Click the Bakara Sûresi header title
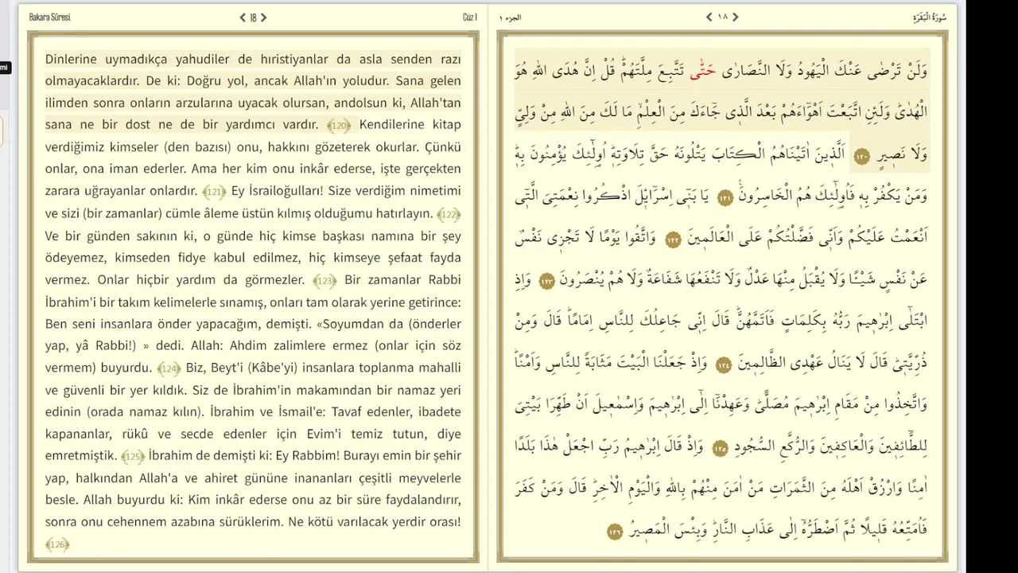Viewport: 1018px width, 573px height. click(x=49, y=17)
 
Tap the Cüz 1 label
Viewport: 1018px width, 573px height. click(x=469, y=17)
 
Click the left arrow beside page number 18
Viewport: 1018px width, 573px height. click(x=243, y=17)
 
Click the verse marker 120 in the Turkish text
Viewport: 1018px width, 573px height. click(x=339, y=125)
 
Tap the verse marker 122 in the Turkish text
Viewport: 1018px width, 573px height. click(x=449, y=214)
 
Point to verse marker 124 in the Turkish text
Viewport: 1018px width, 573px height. click(x=169, y=368)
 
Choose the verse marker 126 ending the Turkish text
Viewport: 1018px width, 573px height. click(x=57, y=544)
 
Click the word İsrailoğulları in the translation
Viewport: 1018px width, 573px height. click(x=277, y=191)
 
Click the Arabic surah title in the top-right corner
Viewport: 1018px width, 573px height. click(x=929, y=17)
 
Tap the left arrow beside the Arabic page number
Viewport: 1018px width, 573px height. click(x=709, y=17)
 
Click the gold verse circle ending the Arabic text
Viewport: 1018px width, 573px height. click(x=615, y=531)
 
